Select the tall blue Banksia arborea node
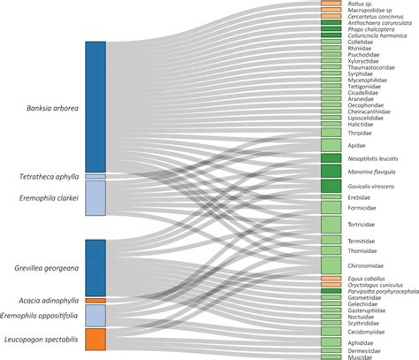[95, 106]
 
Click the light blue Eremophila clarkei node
[95, 199]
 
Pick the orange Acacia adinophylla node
[95, 301]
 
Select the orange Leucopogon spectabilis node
[95, 339]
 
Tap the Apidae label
[356, 144]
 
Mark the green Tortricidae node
[331, 225]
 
